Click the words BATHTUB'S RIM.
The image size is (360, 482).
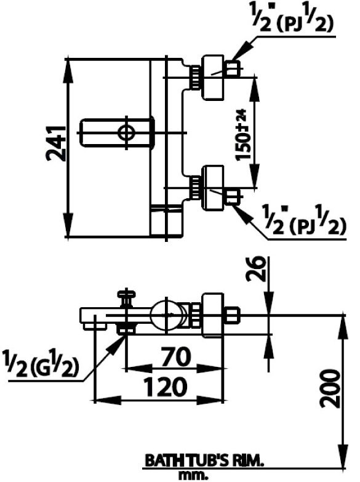point(203,460)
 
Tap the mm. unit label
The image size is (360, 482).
point(193,475)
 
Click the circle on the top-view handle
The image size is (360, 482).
point(126,131)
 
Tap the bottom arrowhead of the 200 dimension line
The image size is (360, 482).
point(342,453)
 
